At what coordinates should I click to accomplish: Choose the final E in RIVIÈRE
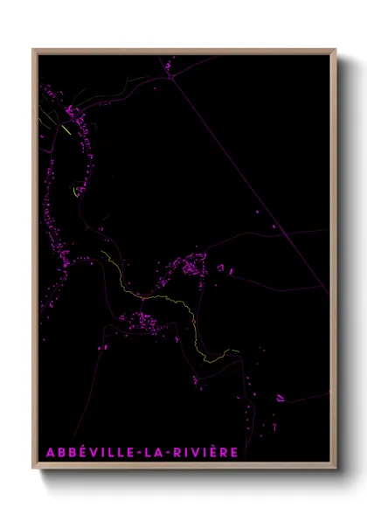coord(233,452)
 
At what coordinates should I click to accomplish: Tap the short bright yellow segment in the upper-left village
coord(66,129)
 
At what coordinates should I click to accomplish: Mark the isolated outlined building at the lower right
coord(280,398)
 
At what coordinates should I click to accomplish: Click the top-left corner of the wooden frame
coord(33,50)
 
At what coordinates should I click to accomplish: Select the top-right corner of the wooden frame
coord(336,50)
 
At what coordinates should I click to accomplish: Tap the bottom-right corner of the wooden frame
coord(336,469)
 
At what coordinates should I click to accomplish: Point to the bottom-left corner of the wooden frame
coord(33,469)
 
